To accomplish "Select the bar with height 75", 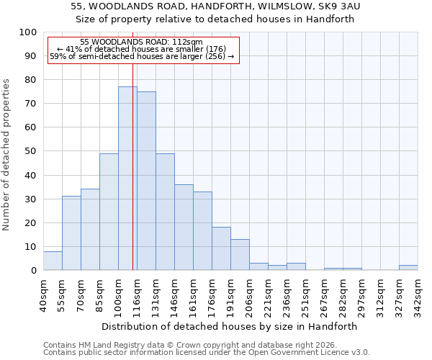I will tap(146, 181).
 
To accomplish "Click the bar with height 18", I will tap(221, 248).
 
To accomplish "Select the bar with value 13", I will tap(240, 255).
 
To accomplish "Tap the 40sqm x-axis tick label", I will tap(43, 292).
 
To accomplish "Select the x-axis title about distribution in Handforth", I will tap(230, 326).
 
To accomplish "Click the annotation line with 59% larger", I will tap(142, 56).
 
